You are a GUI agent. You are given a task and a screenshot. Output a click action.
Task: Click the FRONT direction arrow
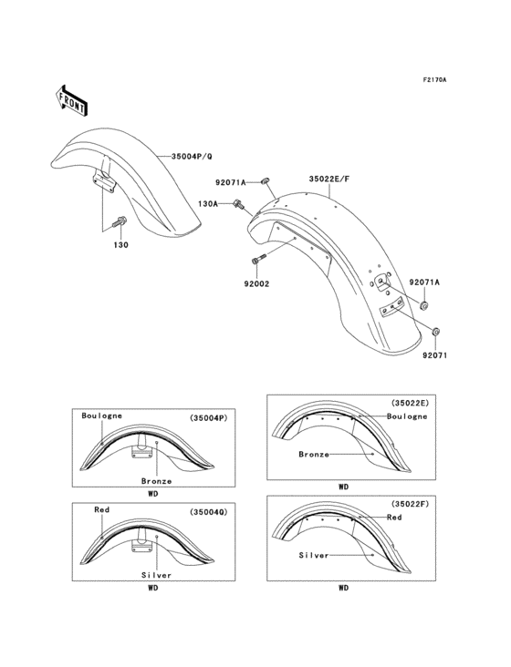(72, 99)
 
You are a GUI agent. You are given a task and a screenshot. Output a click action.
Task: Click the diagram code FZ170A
(433, 80)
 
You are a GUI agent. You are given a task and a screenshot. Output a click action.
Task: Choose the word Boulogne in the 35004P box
(100, 416)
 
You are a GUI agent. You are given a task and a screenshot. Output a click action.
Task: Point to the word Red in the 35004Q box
(100, 511)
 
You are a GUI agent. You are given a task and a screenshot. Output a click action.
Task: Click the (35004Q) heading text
(208, 512)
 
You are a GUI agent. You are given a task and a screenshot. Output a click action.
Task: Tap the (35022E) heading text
(407, 402)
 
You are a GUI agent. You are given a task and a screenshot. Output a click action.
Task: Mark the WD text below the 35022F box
(343, 589)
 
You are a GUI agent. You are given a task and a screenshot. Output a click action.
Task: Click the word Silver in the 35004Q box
(156, 575)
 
